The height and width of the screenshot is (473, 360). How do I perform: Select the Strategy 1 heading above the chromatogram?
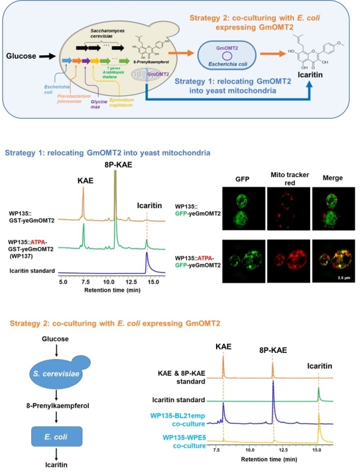[x=107, y=153]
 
